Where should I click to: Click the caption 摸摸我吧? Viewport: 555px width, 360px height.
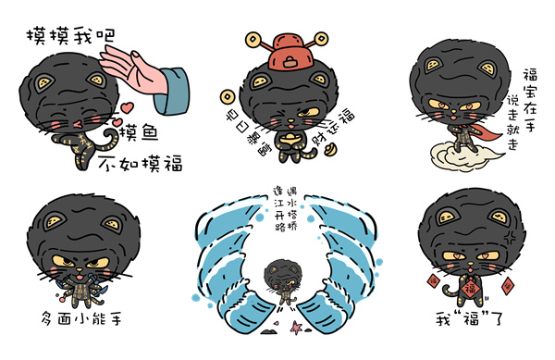69,36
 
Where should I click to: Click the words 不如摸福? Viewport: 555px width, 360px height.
140,164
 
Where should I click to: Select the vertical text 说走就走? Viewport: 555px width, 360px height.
512,120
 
